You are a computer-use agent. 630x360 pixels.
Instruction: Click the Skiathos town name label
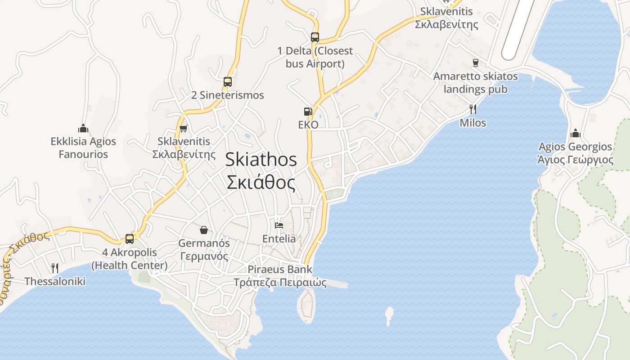pos(261,171)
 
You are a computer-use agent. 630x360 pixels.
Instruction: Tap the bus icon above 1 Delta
pos(315,37)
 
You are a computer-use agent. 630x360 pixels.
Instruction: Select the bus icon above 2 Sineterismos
pos(228,82)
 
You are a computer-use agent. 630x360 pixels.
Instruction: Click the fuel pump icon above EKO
pos(308,111)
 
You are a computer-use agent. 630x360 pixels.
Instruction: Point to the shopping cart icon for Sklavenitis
pos(183,129)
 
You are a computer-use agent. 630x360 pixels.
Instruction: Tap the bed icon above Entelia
pos(279,225)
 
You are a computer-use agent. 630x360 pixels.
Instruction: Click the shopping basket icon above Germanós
pos(204,230)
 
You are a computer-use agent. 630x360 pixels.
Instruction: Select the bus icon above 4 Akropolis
pos(130,238)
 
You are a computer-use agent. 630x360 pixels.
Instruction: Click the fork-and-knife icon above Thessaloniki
pos(55,268)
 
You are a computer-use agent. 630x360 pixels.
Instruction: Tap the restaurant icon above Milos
pos(473,109)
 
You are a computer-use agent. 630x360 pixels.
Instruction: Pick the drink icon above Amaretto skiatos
pos(475,63)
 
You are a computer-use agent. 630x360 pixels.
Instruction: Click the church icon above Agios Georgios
pos(576,134)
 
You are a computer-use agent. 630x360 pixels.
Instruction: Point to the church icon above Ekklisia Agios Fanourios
pos(83,128)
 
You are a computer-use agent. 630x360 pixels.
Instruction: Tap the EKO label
pos(308,125)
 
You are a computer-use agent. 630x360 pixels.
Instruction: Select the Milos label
pos(473,122)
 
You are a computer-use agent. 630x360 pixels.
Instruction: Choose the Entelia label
pos(279,238)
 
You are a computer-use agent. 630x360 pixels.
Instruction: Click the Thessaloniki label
pos(55,282)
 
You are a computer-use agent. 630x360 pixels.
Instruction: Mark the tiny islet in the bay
pos(389,315)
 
